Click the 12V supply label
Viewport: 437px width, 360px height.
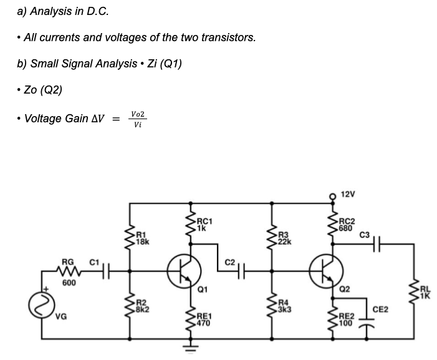click(348, 194)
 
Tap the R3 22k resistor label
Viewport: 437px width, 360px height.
click(284, 238)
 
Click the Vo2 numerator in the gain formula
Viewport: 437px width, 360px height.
click(138, 113)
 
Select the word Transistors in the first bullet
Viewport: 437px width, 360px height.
click(231, 37)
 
